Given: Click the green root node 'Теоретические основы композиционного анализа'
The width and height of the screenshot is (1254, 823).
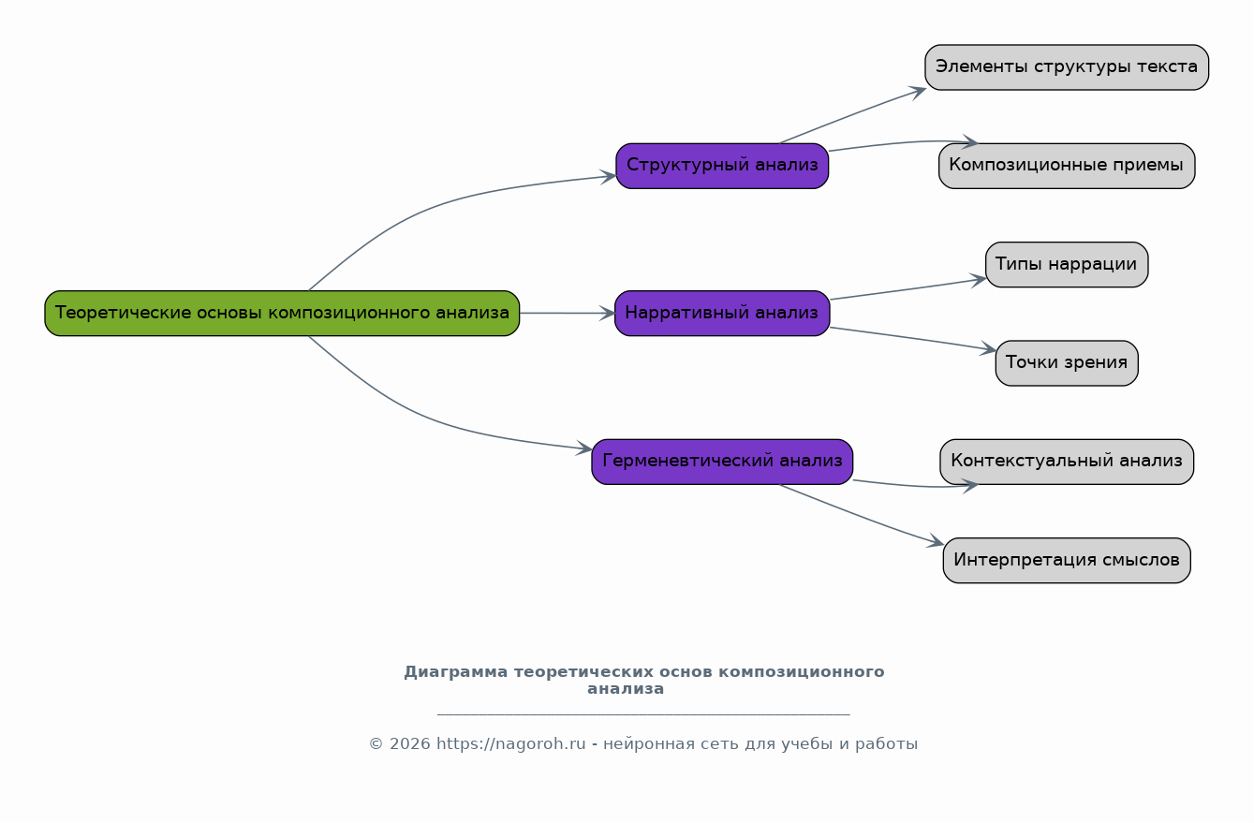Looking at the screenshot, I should click(x=282, y=313).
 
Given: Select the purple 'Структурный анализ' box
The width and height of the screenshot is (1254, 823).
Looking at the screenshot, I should click(x=722, y=166).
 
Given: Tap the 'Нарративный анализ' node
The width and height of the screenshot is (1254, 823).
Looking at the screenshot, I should click(x=722, y=313).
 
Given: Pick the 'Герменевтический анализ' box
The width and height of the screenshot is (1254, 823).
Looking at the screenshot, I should click(x=722, y=461).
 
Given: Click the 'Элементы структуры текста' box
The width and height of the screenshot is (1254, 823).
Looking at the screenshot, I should click(x=1067, y=67).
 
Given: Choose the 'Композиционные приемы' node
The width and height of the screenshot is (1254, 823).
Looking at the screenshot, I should click(x=1067, y=166).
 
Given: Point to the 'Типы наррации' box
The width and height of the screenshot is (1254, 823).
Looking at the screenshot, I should click(x=1067, y=264).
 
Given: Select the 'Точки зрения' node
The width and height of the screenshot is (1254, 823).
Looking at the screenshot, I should click(x=1067, y=363).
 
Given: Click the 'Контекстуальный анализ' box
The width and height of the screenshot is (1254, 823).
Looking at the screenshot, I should click(x=1067, y=461).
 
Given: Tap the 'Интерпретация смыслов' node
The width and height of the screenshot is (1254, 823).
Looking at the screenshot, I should click(x=1067, y=560).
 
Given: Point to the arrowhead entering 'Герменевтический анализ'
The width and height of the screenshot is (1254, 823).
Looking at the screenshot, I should click(x=584, y=448).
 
